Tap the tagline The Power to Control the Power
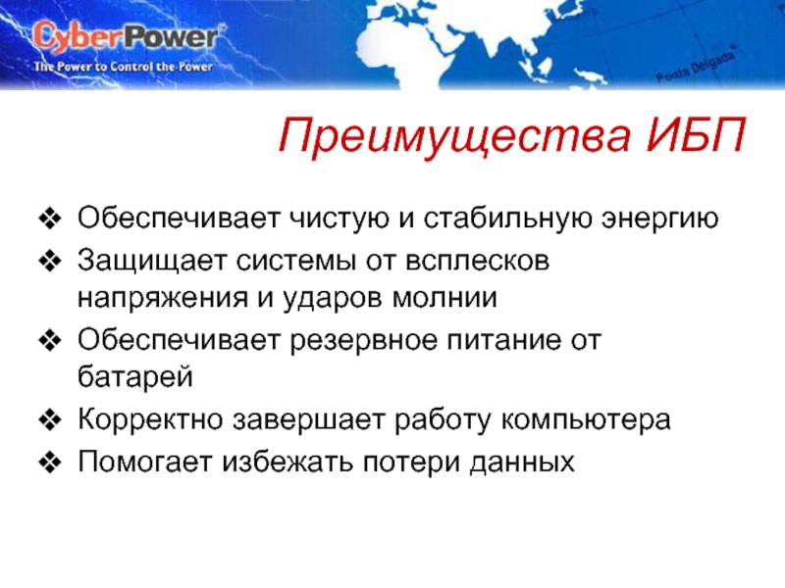tap(124, 67)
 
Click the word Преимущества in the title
tap(453, 136)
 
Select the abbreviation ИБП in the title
tap(696, 134)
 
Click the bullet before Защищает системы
tap(50, 262)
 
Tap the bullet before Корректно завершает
tap(50, 420)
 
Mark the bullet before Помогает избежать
tap(50, 462)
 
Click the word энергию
tap(659, 220)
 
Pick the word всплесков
tap(477, 262)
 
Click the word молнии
tap(445, 299)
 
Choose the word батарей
tap(135, 376)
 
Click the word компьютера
tap(586, 421)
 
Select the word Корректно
tap(150, 420)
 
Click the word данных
tap(522, 464)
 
